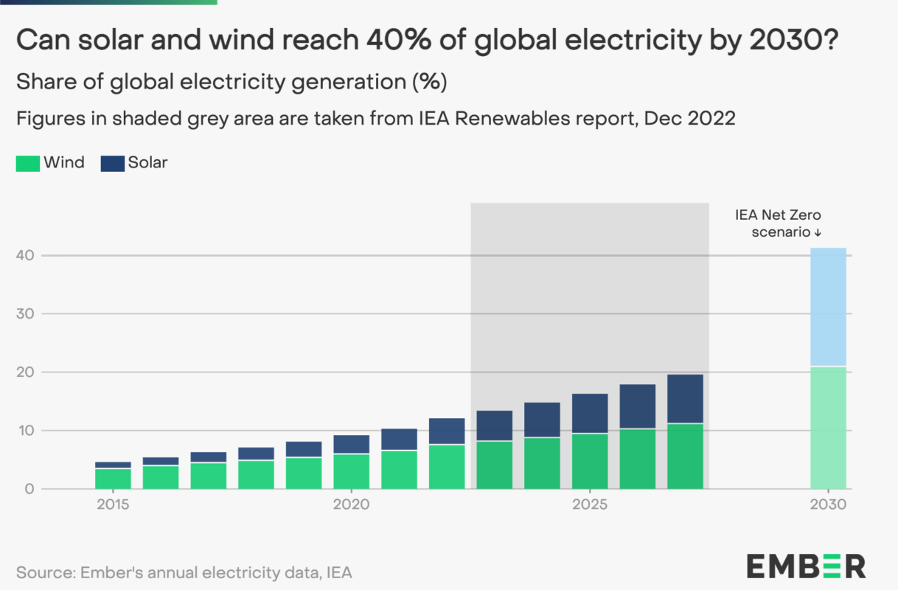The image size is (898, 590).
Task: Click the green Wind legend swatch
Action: (28, 163)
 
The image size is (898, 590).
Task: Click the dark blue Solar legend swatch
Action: (112, 163)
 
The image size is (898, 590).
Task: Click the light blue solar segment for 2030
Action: (828, 307)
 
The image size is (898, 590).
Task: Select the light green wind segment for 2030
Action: (828, 427)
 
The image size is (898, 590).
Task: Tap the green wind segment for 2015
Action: (113, 479)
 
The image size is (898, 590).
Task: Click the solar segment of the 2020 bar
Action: (351, 444)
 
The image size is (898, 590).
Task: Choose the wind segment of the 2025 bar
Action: (589, 461)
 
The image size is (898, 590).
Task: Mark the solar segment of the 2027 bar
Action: (685, 399)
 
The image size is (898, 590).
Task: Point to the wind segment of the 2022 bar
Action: (447, 466)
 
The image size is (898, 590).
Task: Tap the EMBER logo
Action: (805, 566)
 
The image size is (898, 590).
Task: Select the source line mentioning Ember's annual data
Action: (184, 572)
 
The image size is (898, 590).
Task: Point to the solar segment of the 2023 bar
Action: (494, 426)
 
